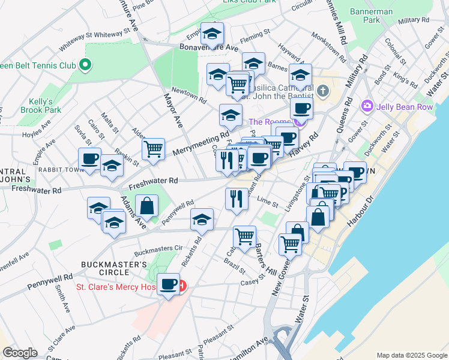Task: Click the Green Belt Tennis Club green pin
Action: [85, 65]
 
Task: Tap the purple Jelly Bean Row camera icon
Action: [366, 106]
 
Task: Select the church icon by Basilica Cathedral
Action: [323, 91]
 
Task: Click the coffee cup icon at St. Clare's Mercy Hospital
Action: [168, 283]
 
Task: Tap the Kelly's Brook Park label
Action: [45, 106]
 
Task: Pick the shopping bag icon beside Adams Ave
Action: [146, 206]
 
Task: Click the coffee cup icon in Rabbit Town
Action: [90, 159]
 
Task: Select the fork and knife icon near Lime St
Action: [237, 198]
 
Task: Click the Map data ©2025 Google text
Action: [412, 355]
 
